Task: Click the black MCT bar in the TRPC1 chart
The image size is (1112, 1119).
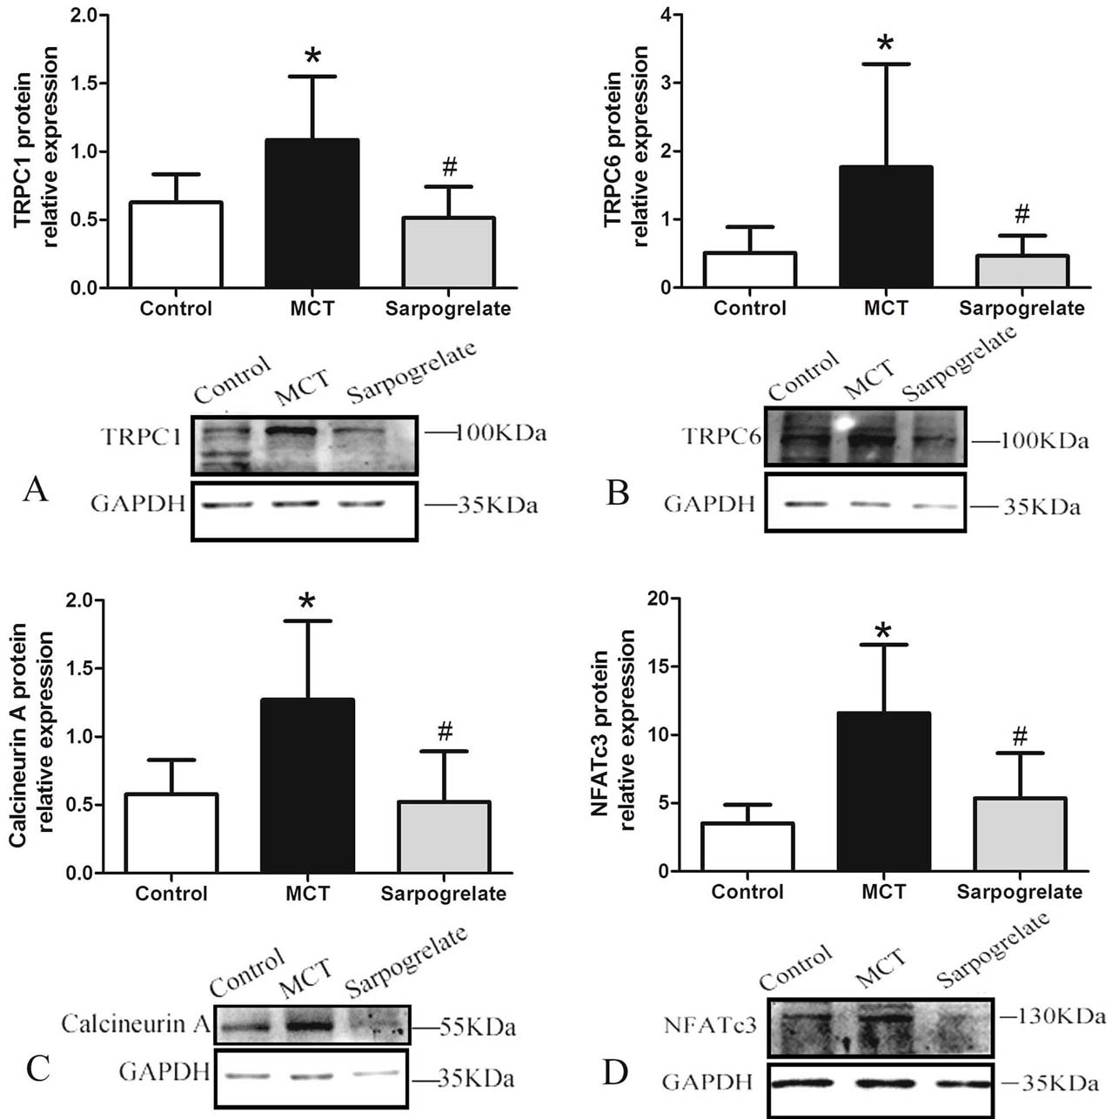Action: [x=311, y=213]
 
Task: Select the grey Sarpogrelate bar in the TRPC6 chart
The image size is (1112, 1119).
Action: [x=1022, y=271]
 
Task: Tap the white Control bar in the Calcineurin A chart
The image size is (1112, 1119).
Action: [x=171, y=833]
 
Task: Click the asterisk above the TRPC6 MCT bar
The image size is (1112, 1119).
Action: [x=885, y=44]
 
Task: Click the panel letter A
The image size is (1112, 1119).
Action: [x=36, y=490]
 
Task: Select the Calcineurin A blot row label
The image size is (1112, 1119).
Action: [x=136, y=1023]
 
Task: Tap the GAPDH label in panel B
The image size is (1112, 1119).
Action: [x=709, y=504]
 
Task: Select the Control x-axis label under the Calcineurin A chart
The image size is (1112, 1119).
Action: [x=171, y=894]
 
